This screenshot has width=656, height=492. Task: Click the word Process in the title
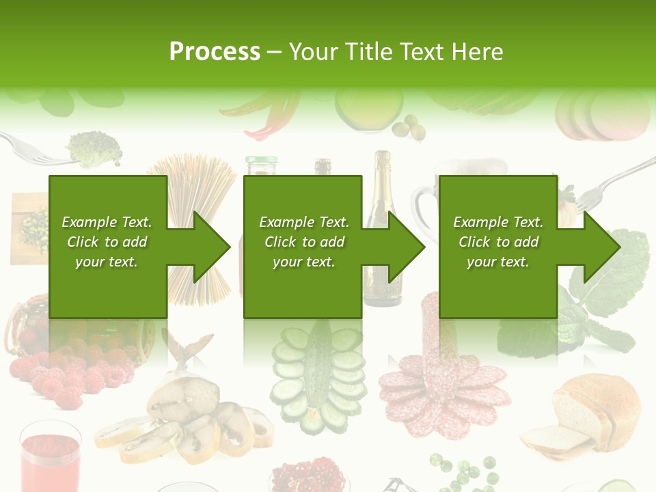(x=215, y=51)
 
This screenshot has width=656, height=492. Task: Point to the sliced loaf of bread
(x=588, y=417)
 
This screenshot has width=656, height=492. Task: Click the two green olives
(x=410, y=126)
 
